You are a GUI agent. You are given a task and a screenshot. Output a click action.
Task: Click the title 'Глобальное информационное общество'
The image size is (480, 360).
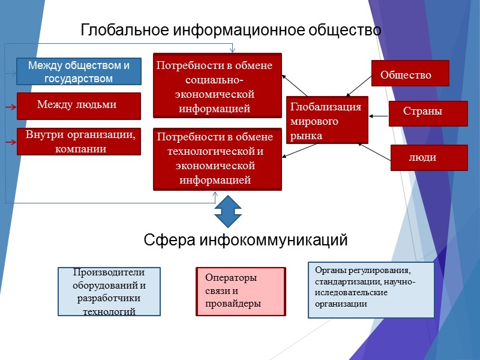231,30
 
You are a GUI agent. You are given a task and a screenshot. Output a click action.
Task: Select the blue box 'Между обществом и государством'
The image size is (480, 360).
79,71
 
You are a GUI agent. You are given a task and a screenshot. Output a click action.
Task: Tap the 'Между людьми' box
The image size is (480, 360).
79,106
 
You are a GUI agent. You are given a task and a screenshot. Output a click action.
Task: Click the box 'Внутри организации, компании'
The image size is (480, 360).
79,142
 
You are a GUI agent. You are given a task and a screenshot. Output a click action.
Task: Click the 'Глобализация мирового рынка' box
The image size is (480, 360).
327,120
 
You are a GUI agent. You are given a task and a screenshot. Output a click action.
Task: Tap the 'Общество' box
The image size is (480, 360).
410,75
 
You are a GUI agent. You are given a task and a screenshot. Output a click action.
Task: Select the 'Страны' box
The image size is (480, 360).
428,113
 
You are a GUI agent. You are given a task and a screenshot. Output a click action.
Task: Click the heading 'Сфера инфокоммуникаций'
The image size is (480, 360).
245,241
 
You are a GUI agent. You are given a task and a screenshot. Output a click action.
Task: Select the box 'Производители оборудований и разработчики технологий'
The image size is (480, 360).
109,292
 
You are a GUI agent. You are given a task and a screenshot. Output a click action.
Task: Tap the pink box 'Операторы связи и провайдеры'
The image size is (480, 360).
241,292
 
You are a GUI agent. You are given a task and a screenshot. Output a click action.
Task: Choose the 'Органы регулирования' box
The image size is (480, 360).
371,290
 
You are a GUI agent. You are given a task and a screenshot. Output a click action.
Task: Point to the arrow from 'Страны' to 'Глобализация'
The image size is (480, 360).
379,115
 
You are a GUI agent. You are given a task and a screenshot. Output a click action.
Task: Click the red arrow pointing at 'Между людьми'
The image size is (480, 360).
10,107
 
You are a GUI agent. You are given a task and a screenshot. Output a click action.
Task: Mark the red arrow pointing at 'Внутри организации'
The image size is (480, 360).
10,143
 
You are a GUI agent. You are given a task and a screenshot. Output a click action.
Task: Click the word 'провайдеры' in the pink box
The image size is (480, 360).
233,304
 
